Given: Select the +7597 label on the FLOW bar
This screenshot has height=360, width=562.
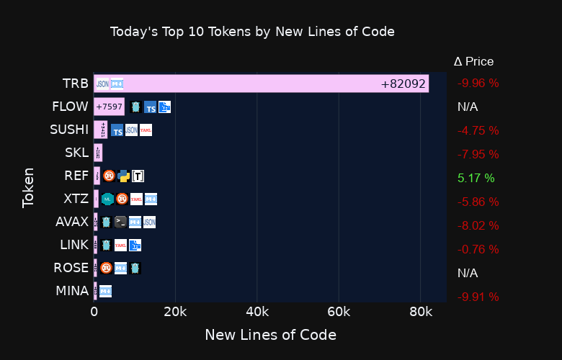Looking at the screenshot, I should [109, 107].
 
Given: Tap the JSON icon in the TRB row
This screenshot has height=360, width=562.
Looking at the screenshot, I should [102, 84].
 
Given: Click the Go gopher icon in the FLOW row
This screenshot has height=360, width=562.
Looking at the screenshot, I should [135, 107].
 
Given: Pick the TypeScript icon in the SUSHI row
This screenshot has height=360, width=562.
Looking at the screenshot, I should [117, 131].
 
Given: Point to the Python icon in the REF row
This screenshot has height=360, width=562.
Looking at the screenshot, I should [123, 176].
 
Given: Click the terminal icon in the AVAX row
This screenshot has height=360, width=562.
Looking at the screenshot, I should [120, 222].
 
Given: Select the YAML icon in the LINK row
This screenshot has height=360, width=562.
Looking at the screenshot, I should [120, 246].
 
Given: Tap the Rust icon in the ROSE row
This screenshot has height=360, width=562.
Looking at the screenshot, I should [106, 269].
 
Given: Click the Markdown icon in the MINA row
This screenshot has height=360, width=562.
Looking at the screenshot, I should [105, 292].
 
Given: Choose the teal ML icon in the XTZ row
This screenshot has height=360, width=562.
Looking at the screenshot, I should [107, 199].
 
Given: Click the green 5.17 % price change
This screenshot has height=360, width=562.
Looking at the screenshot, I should [476, 178].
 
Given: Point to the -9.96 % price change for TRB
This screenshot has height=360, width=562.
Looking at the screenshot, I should [478, 83].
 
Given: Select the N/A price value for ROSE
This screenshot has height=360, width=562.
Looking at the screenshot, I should [468, 273].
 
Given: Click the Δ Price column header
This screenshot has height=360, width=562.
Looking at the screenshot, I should [473, 62].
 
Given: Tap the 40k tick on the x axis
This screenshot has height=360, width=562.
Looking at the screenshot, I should [257, 312].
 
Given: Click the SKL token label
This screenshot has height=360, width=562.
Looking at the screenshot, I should [76, 153].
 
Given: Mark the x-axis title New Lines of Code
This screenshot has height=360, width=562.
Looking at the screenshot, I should [270, 335].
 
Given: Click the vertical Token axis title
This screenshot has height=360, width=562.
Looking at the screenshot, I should [29, 187].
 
